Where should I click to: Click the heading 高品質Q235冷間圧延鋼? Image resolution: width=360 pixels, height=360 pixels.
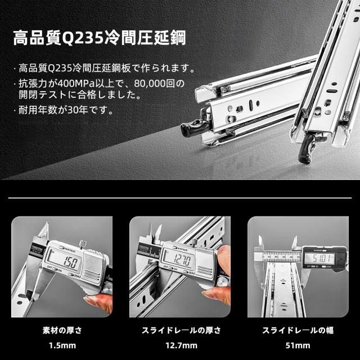click(99, 39)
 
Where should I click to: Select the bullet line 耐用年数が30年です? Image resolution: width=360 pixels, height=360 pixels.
click(66, 110)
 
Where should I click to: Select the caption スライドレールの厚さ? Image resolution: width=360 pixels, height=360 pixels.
click(179, 330)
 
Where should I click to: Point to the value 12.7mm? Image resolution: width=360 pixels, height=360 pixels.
click(179, 345)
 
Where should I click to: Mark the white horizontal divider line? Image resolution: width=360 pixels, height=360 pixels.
click(180, 198)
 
